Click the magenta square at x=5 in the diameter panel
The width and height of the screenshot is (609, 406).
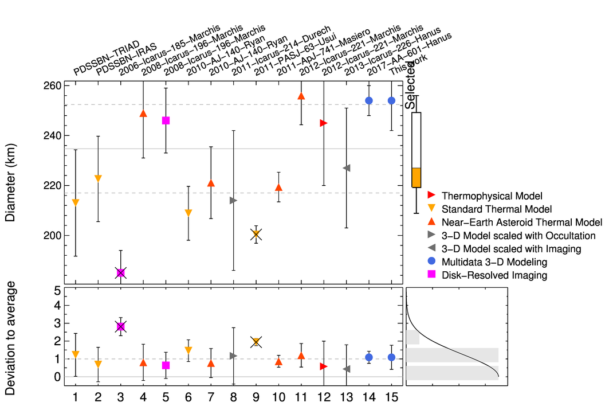(x=166, y=120)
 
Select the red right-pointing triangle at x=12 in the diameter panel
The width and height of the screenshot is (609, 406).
(x=324, y=123)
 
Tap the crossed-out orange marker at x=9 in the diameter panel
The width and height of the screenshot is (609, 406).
(x=256, y=234)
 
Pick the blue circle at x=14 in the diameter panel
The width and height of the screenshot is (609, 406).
(x=369, y=101)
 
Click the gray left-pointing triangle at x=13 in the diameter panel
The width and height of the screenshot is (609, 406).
(x=346, y=168)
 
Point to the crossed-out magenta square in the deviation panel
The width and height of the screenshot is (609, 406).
(x=120, y=326)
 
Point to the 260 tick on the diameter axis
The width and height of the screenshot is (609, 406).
(x=54, y=85)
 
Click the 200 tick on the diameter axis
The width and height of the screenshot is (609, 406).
(x=54, y=236)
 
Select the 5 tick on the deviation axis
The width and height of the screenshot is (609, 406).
(x=57, y=291)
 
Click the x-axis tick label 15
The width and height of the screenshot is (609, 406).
(x=391, y=396)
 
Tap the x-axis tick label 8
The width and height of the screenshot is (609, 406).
(x=233, y=396)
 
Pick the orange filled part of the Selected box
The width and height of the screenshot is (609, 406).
(x=417, y=177)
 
